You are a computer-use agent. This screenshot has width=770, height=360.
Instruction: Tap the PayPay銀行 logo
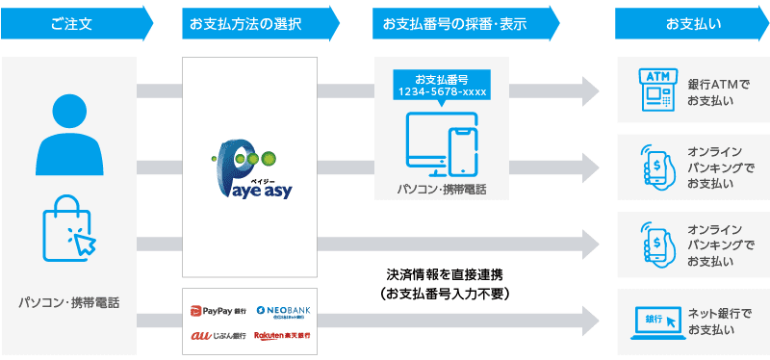click(218, 310)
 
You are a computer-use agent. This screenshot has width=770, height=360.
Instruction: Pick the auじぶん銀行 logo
click(218, 336)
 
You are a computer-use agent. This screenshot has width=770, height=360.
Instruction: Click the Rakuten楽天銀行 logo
click(283, 336)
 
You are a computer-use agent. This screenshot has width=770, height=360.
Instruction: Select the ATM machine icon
click(654, 90)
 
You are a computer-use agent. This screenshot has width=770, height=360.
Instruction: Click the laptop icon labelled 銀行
click(654, 321)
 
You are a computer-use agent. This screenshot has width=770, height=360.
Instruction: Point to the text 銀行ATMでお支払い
click(718, 91)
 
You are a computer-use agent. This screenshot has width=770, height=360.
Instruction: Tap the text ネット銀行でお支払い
click(718, 322)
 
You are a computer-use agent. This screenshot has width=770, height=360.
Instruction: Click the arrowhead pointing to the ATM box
click(588, 91)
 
